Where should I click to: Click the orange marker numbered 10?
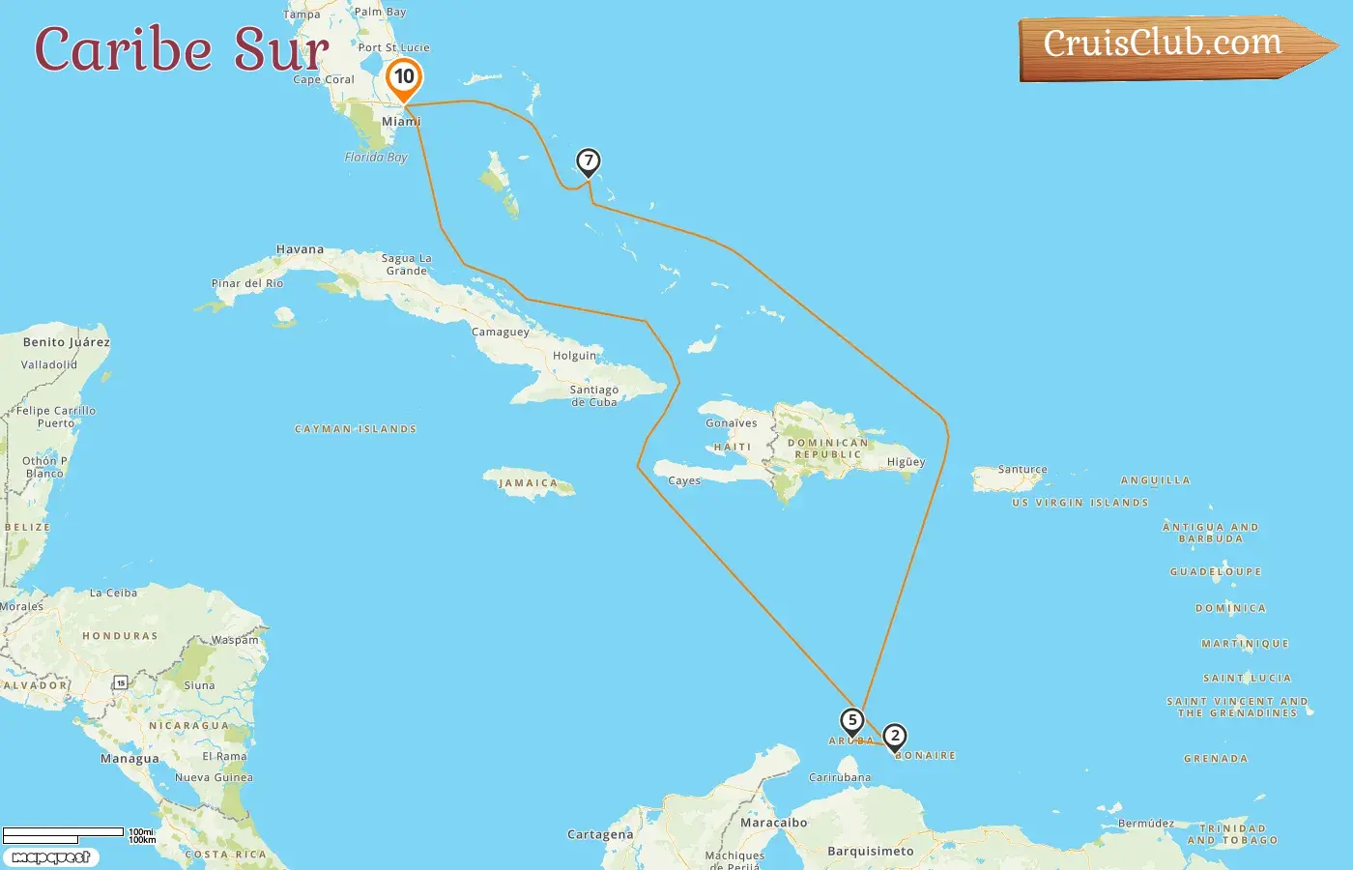[x=404, y=77]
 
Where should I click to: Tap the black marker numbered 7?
[x=588, y=161]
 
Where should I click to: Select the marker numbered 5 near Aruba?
[x=851, y=721]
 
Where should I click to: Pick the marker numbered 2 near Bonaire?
[x=895, y=737]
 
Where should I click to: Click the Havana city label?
[x=300, y=249]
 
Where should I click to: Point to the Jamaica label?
[x=529, y=483]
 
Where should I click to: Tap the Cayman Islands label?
[x=356, y=428]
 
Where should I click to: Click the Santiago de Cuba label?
[x=593, y=395]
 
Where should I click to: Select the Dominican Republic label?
[x=828, y=449]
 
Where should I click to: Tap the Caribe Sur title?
[x=182, y=49]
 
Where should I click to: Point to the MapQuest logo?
[x=51, y=856]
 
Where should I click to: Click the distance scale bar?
[x=64, y=833]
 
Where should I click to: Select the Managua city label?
[x=130, y=759]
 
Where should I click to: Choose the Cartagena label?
[x=600, y=834]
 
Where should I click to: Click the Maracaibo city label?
[x=773, y=823]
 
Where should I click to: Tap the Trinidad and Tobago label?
[x=1238, y=834]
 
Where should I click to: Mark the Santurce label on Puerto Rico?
[x=1022, y=470]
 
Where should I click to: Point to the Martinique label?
[x=1245, y=644]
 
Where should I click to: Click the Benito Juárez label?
[x=67, y=342]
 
